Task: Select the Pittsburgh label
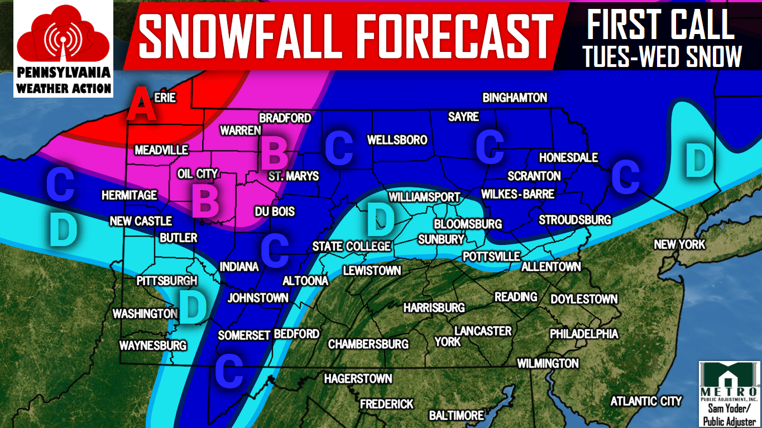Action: (x=167, y=281)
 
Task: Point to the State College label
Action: (x=351, y=246)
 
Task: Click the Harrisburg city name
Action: (x=434, y=307)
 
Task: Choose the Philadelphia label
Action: (x=584, y=334)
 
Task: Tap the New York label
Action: (x=679, y=244)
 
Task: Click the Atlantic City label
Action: (x=646, y=401)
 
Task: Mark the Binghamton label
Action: (x=515, y=98)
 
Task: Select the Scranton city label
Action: (x=534, y=176)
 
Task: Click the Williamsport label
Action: (x=424, y=197)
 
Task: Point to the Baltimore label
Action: (x=456, y=415)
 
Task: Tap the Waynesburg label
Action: (x=152, y=345)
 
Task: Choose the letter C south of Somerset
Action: (x=229, y=370)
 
